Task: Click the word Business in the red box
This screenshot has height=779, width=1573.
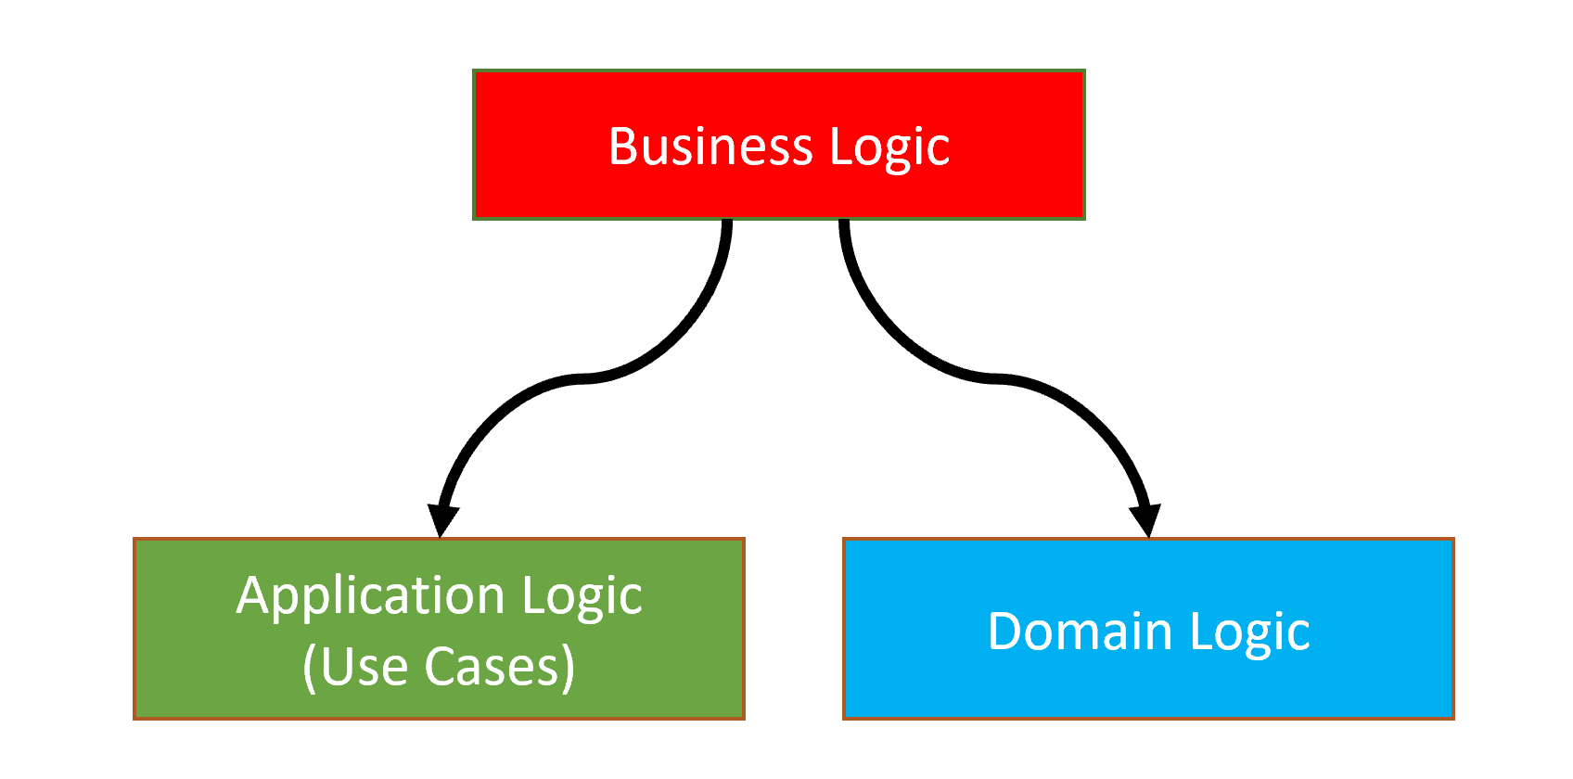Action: (x=710, y=147)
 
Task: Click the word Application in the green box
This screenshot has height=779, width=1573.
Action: (x=370, y=596)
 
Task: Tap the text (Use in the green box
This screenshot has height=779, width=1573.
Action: (x=355, y=667)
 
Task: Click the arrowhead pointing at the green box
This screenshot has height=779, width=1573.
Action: (x=442, y=519)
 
